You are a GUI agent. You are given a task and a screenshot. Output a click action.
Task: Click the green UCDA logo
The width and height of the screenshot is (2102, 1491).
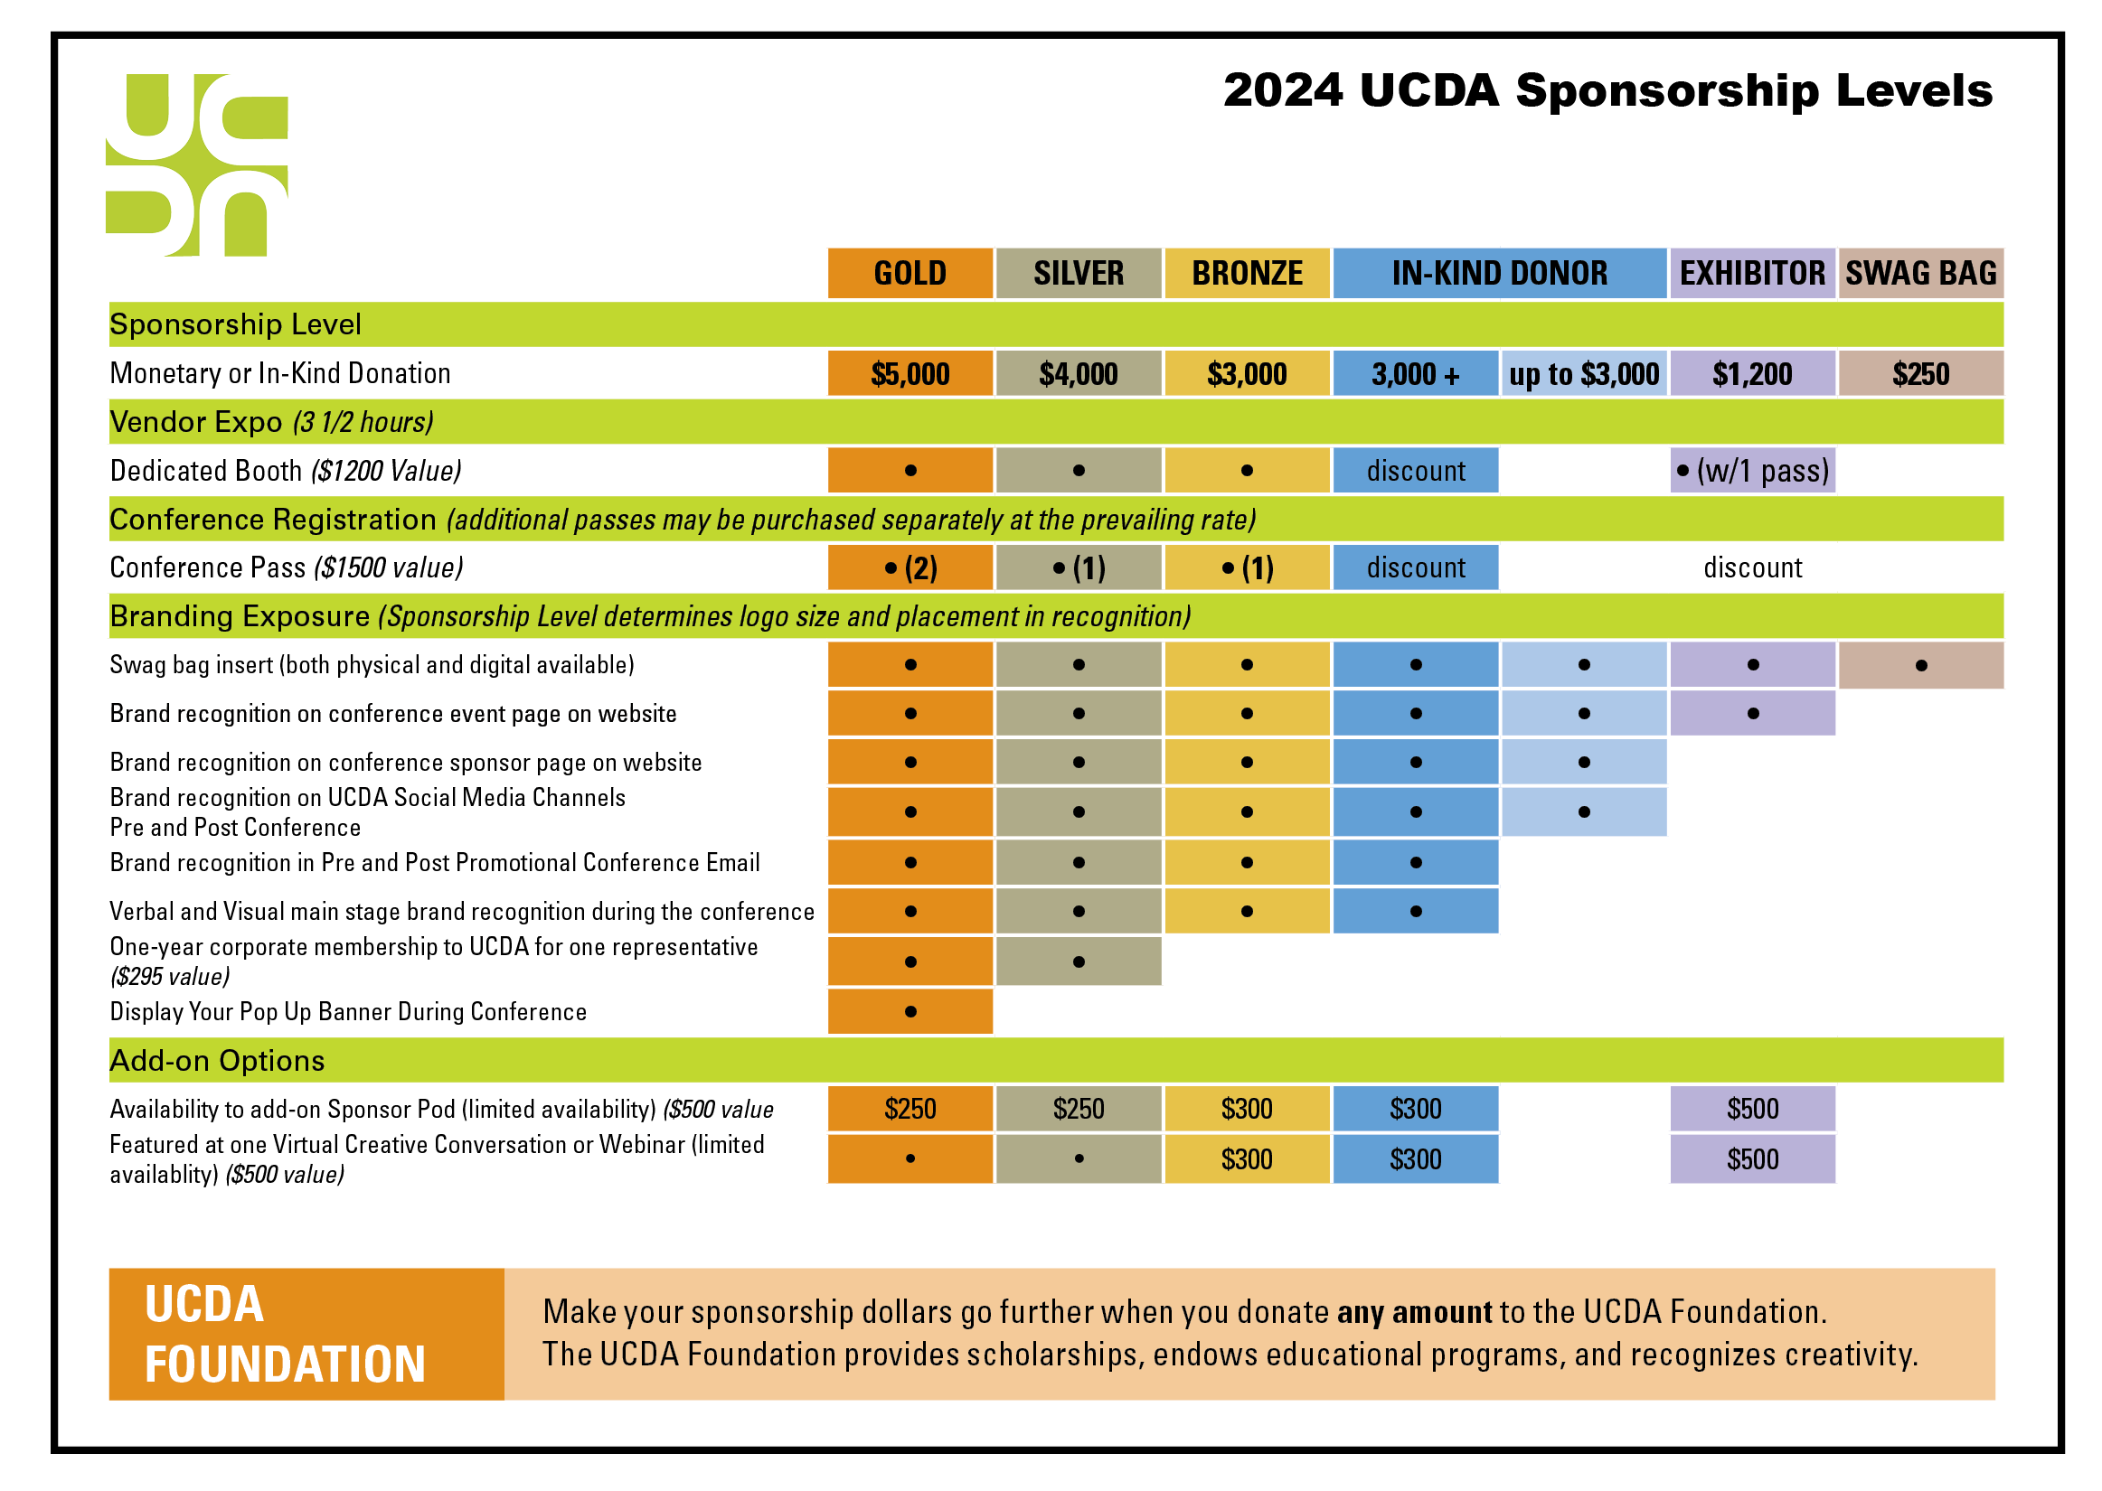[196, 164]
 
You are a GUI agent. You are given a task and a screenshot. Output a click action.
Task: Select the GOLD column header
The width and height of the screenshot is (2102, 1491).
[910, 273]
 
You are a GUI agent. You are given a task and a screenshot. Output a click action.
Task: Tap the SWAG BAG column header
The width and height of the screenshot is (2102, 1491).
[1920, 273]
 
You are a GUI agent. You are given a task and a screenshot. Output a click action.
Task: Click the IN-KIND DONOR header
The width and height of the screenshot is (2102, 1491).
[1499, 273]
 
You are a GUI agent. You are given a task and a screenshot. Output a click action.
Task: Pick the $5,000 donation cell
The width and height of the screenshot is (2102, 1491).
[910, 374]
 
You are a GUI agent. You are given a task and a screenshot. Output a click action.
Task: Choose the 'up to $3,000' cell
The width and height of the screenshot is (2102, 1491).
[1583, 374]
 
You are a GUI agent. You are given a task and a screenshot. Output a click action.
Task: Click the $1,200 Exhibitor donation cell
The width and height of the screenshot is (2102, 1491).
[1752, 374]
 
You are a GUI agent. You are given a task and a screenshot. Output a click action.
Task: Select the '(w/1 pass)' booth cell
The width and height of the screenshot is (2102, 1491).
[1752, 470]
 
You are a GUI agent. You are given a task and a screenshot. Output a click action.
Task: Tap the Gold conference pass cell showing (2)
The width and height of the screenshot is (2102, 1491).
[910, 567]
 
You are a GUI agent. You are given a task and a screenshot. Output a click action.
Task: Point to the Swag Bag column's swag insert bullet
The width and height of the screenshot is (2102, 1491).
[1920, 665]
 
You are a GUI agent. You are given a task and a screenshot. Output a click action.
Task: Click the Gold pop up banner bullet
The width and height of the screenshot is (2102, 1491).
[910, 1011]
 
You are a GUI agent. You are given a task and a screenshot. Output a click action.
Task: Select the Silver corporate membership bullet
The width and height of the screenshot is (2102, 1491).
[1078, 961]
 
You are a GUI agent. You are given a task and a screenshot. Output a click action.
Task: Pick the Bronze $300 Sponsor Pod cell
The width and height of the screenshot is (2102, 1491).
[1246, 1108]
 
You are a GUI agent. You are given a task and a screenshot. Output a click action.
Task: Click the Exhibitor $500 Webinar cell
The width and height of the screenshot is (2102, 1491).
[1752, 1158]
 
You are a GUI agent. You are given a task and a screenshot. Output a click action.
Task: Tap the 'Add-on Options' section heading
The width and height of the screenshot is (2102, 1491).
[217, 1060]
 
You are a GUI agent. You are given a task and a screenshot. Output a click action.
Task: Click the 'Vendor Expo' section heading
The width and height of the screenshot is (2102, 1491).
[195, 421]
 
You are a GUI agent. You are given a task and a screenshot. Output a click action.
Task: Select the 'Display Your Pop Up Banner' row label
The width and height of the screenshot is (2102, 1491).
[348, 1011]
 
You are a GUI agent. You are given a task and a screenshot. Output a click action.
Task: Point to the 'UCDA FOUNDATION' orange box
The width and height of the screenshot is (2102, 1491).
[306, 1333]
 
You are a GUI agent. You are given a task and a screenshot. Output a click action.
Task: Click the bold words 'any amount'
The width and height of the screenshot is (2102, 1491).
[1414, 1312]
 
